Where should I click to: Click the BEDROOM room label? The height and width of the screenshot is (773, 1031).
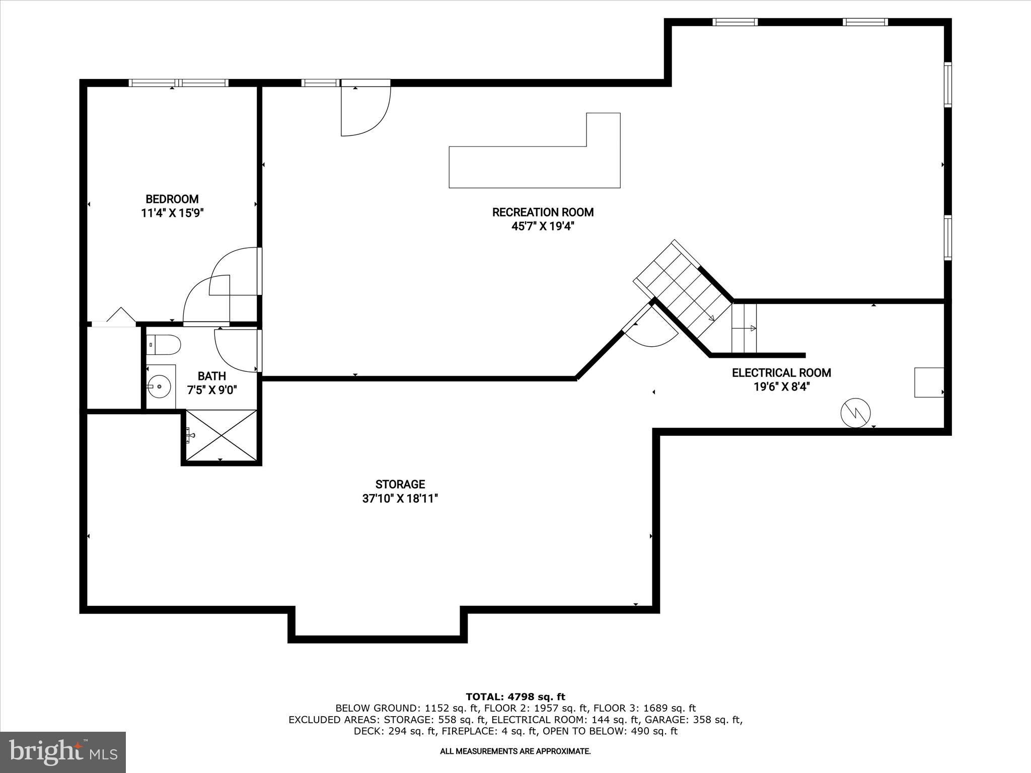tap(172, 199)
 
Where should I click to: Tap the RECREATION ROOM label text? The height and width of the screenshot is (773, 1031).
tap(543, 212)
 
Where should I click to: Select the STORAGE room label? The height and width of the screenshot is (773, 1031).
tap(400, 484)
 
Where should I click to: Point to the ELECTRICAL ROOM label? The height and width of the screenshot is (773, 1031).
tap(781, 373)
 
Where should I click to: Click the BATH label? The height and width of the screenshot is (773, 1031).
tap(211, 376)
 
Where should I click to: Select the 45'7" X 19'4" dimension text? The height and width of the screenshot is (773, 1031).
tap(543, 226)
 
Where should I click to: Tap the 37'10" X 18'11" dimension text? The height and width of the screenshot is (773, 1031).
tap(400, 499)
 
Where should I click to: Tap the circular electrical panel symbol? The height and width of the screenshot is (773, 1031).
tap(856, 413)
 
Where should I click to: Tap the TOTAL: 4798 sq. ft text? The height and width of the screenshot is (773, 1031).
tap(515, 697)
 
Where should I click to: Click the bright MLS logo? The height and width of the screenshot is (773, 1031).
tap(63, 752)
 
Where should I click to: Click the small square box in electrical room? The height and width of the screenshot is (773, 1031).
tap(929, 382)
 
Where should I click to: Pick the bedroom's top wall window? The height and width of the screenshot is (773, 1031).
tap(179, 83)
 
